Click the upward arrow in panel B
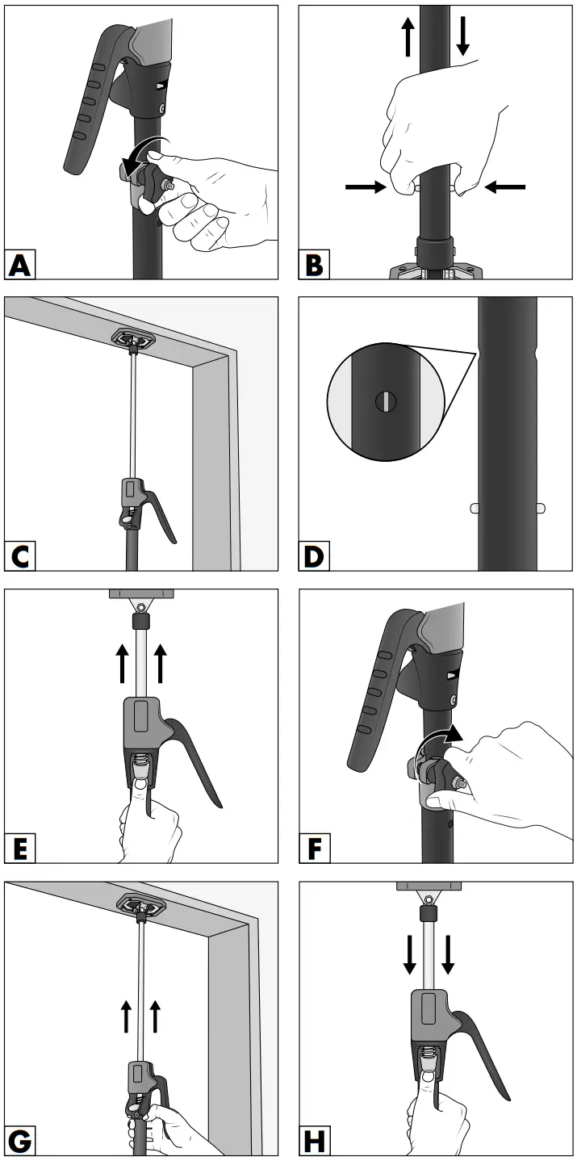[408, 37]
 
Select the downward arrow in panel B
[462, 37]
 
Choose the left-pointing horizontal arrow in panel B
[504, 187]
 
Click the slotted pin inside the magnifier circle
[386, 400]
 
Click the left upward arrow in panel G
[127, 1016]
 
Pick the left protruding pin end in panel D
[475, 508]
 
